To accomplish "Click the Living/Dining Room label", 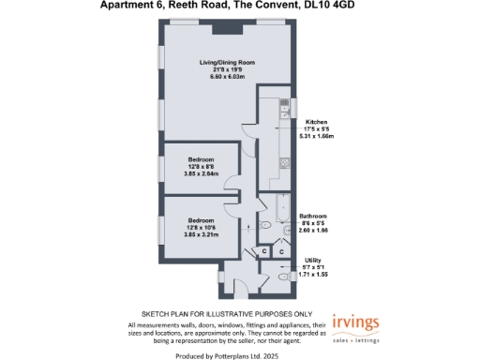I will [x=227, y=63].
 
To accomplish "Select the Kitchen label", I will [x=316, y=121].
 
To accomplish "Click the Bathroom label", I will [x=313, y=216].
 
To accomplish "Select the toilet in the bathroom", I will [x=265, y=226].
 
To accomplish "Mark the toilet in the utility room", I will [x=281, y=276].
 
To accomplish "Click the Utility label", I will [x=313, y=260].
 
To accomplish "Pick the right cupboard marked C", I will [x=282, y=251].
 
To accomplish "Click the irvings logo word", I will [x=356, y=322].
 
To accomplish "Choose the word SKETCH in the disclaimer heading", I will [x=156, y=312].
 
